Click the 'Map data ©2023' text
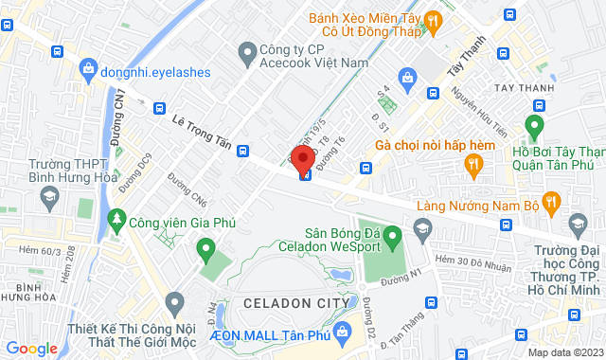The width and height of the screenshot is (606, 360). tap(564, 352)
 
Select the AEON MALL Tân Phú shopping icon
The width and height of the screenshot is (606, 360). tap(345, 329)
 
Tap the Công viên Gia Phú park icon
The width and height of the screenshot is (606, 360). tap(117, 220)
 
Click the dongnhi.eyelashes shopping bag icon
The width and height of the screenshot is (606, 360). tap(88, 68)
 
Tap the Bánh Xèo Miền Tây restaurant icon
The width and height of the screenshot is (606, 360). tap(432, 21)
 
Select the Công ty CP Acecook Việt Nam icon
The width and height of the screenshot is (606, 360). tap(247, 49)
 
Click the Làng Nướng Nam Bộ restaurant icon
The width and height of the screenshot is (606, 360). tap(555, 200)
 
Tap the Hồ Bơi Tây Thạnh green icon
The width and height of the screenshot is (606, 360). tap(534, 127)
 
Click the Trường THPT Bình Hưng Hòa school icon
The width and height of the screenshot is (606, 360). tap(47, 196)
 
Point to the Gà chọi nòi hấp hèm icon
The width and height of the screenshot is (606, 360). tap(472, 167)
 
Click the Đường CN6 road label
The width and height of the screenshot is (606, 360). tap(187, 189)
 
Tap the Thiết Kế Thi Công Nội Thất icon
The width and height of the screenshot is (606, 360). tap(174, 303)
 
